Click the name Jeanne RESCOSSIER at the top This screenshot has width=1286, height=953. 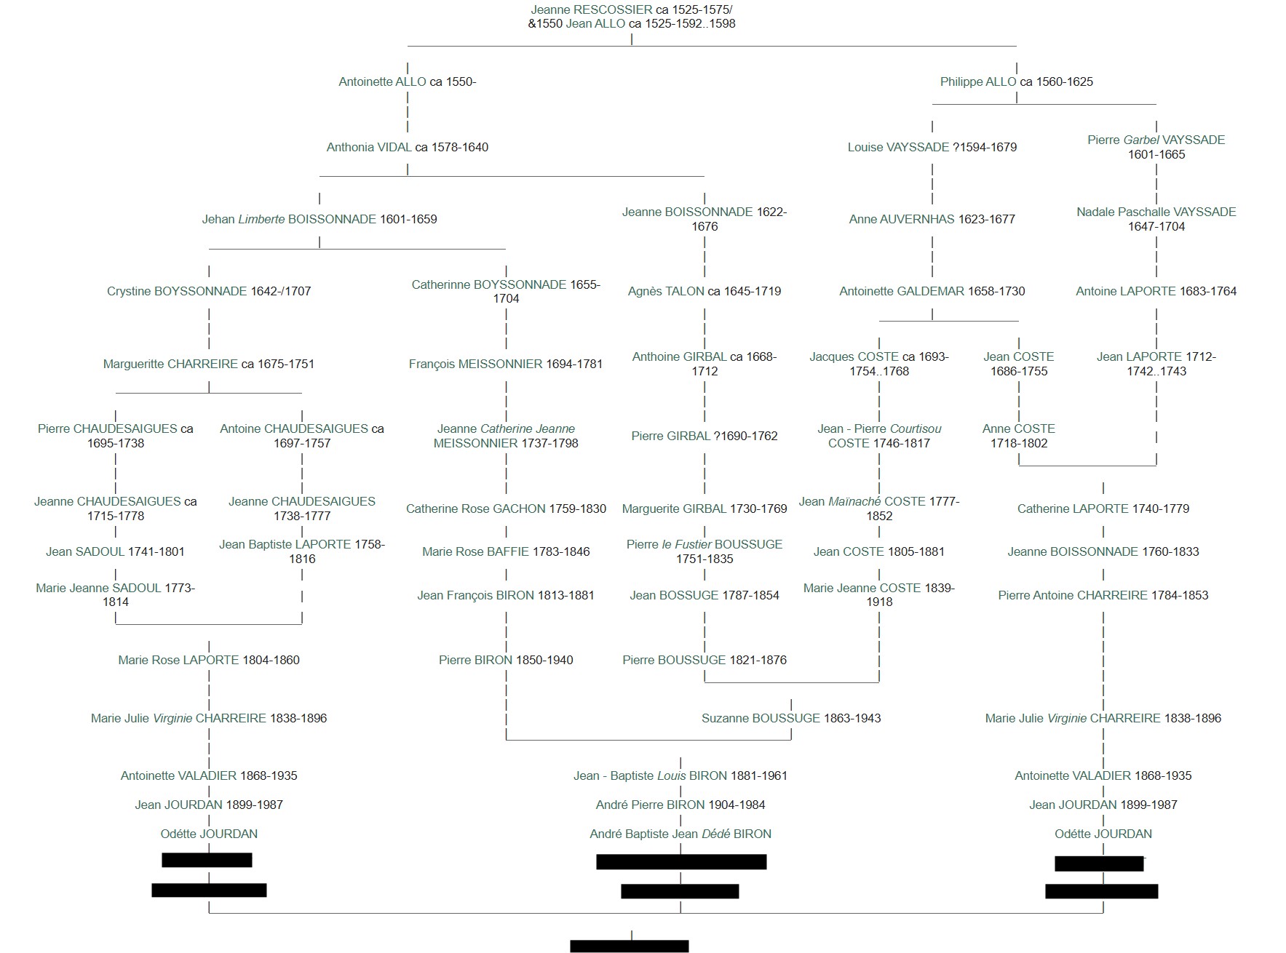point(591,10)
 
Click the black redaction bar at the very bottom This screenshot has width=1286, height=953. point(630,946)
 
